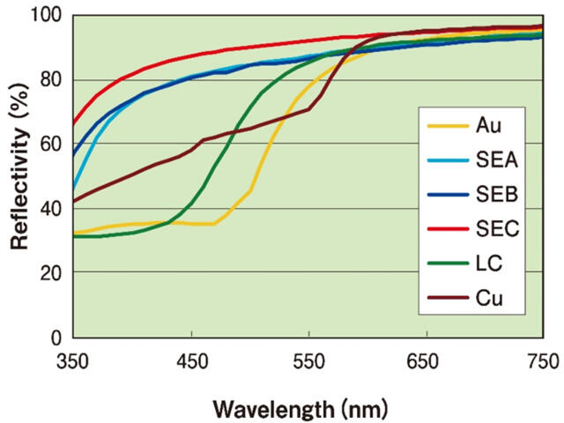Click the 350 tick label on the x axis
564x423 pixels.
[73, 359]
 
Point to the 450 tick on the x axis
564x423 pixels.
[190, 359]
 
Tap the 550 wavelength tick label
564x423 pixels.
[308, 359]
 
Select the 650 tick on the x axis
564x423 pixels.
[425, 359]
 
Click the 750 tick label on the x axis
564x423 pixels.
[540, 359]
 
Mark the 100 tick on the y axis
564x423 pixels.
[48, 16]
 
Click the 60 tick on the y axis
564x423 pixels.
[53, 145]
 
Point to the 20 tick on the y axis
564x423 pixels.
[53, 273]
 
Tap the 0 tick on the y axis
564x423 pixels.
[58, 338]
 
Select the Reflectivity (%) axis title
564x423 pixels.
[19, 176]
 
